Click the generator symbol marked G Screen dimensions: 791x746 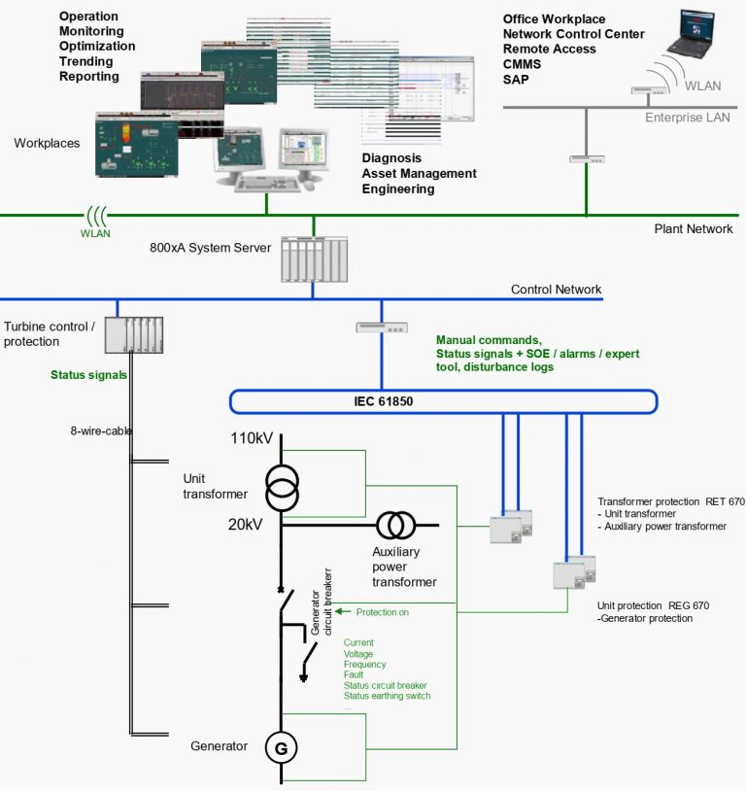(x=282, y=748)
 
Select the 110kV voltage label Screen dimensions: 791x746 (x=252, y=438)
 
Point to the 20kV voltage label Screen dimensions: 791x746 (x=246, y=525)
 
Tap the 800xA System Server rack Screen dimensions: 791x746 (x=314, y=259)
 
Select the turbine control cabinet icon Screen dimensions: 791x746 (x=134, y=334)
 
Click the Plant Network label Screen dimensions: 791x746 (x=694, y=229)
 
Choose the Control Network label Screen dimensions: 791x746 (x=556, y=290)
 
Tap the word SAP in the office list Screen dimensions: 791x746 (x=516, y=80)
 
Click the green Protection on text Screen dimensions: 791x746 (x=382, y=612)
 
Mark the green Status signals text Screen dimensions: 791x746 (x=88, y=374)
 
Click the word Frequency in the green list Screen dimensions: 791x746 (x=365, y=664)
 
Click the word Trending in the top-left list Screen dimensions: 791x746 (x=87, y=61)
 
